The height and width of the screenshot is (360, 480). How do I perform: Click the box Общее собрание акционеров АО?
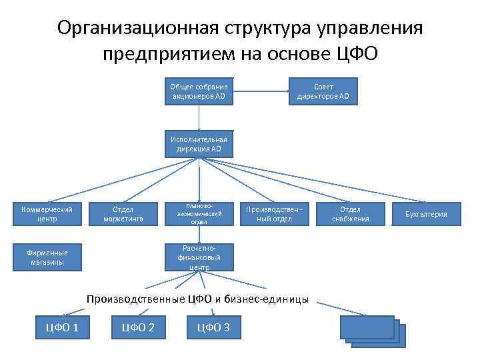tap(199, 91)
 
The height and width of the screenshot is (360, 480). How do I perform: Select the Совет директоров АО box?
tap(323, 91)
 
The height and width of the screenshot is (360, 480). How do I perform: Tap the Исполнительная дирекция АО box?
tap(199, 144)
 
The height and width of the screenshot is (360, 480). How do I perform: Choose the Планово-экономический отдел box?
tap(199, 213)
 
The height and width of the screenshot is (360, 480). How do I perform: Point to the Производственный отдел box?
tap(274, 213)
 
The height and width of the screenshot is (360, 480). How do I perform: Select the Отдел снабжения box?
tap(350, 213)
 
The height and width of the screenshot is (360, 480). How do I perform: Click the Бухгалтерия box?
tap(426, 214)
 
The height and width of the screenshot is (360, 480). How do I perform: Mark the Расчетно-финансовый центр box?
tap(199, 257)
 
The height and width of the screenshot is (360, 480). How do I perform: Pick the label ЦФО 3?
tap(214, 327)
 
